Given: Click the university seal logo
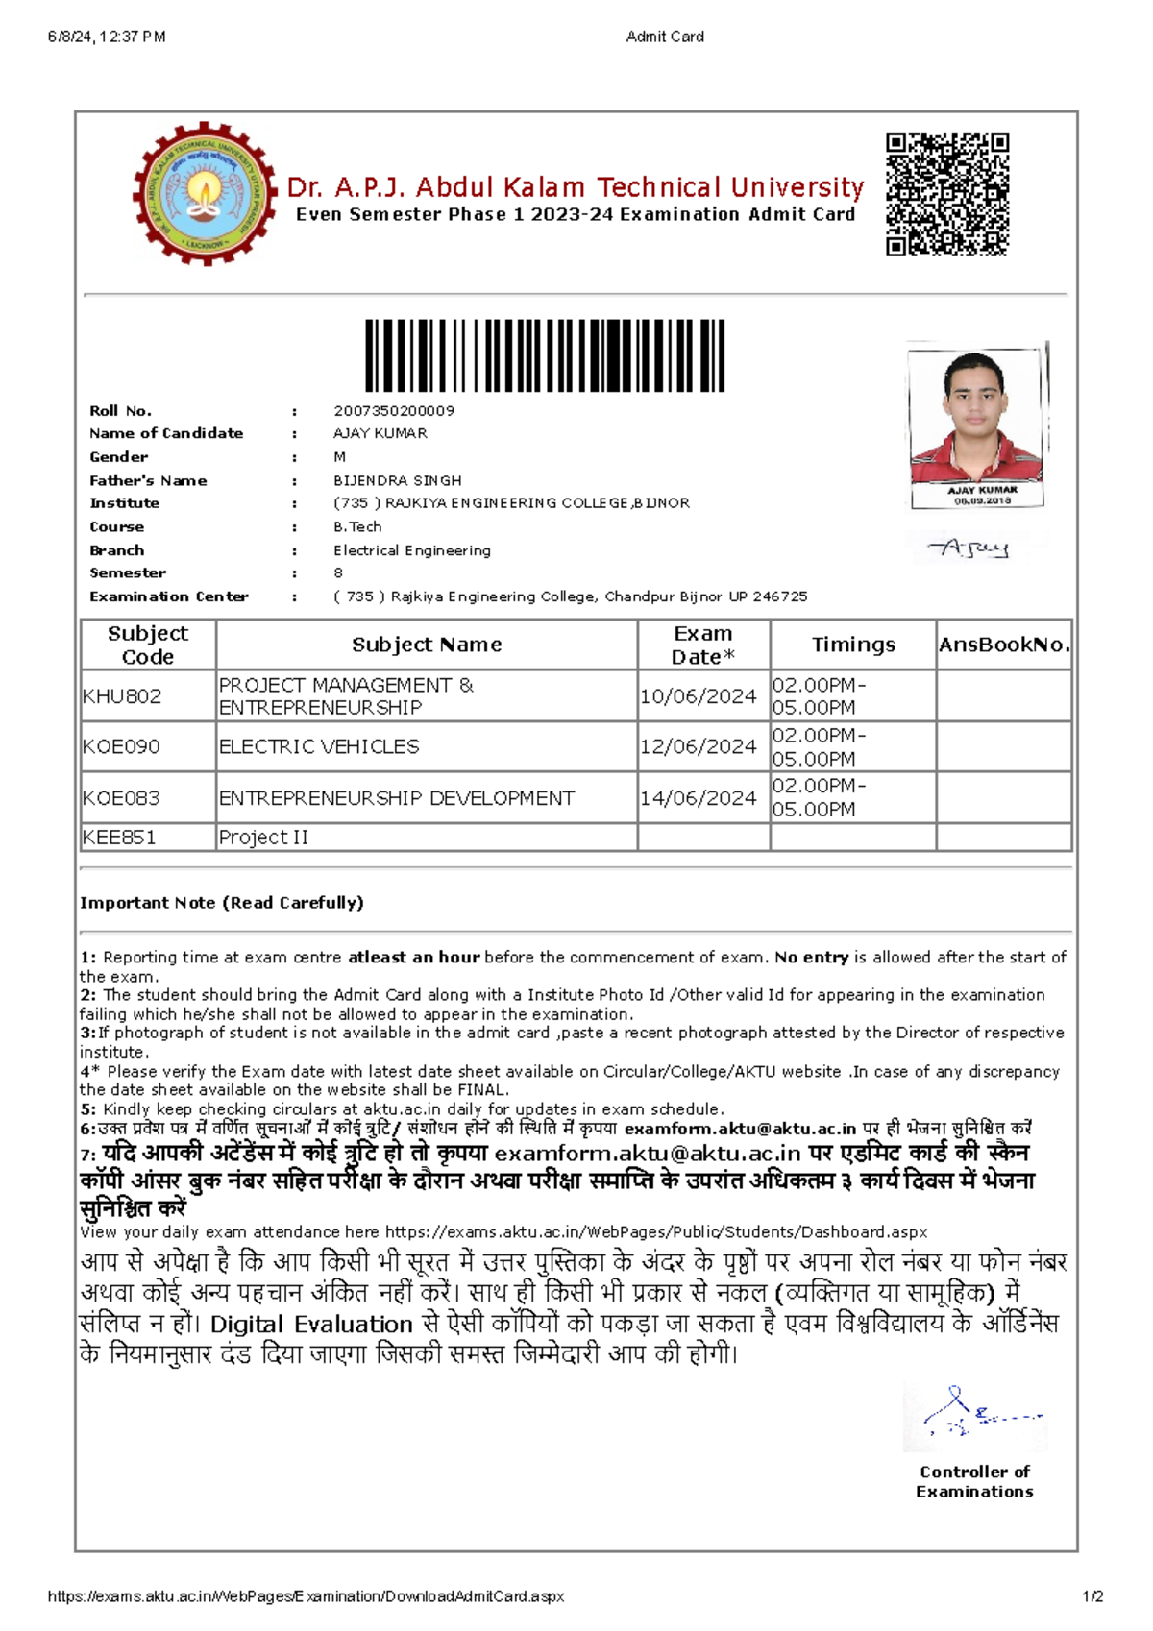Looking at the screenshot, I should point(204,193).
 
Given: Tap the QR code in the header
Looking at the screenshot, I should point(946,193).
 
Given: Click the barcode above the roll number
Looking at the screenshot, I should point(545,355).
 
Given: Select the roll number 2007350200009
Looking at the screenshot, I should point(394,410).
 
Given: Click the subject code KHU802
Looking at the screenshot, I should point(122,696).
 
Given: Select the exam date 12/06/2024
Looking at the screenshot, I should point(698,746).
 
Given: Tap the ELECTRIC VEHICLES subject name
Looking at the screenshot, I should point(319,746).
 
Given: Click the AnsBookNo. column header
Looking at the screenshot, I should point(1004,645).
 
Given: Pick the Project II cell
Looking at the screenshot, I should point(263,838).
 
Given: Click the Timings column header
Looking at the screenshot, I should point(853,645).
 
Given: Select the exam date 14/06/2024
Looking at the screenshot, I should point(698,797).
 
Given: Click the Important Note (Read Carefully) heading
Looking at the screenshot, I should point(222,903).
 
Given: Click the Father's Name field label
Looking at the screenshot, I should point(148,480).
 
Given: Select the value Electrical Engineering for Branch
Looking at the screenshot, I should point(412,550).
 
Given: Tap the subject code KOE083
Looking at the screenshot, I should point(122,797).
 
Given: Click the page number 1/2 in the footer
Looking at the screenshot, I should point(1092,1596).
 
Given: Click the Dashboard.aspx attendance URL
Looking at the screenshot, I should point(656,1232).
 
